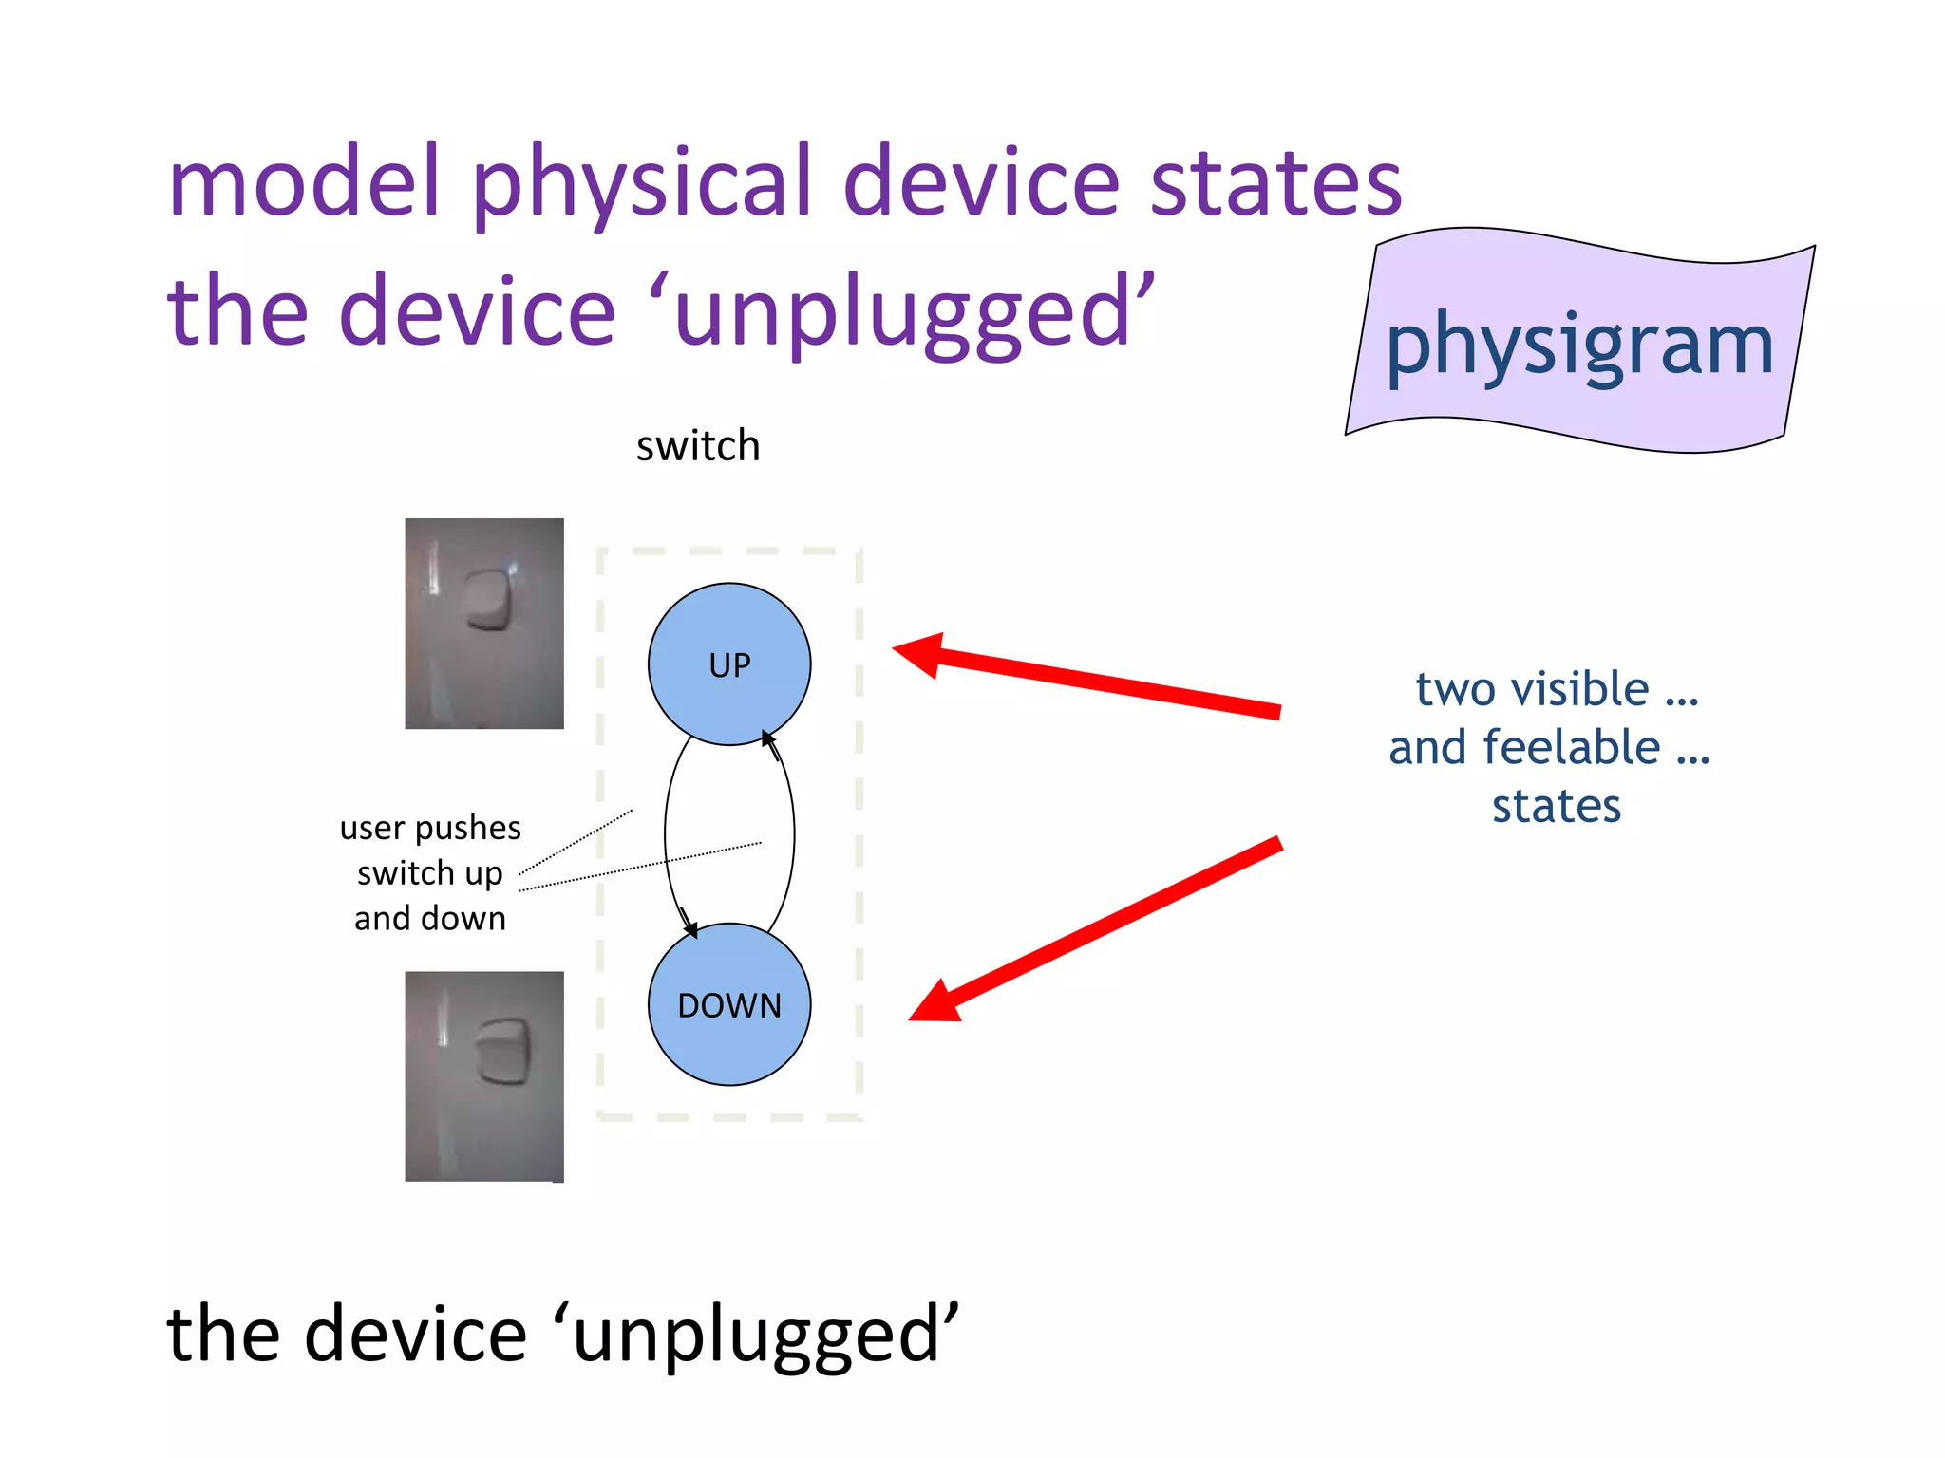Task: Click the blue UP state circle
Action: (x=729, y=664)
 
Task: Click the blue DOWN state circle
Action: (x=729, y=1004)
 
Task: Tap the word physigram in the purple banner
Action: (x=1579, y=346)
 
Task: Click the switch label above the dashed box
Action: (x=698, y=446)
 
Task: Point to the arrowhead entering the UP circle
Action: (x=768, y=738)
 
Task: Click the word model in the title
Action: (x=304, y=182)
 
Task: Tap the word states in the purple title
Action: (x=1275, y=182)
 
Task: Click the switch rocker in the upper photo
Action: (x=490, y=600)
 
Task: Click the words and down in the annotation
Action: (x=430, y=919)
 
